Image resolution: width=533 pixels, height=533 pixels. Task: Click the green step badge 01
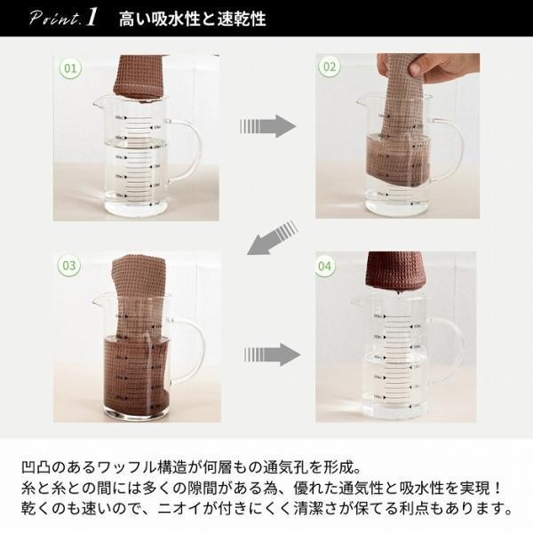point(71,67)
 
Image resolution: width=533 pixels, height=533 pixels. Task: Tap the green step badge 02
point(330,67)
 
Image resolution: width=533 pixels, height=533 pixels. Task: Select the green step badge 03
point(71,266)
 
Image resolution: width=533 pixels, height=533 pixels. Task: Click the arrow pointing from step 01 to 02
point(266,125)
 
